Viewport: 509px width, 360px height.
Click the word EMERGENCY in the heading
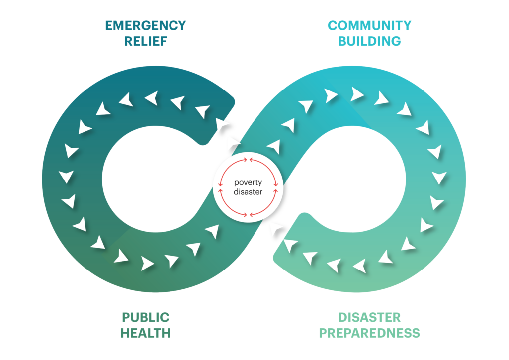tap(146, 26)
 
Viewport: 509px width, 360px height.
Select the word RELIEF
tap(146, 41)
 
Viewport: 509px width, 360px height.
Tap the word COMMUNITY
tap(369, 26)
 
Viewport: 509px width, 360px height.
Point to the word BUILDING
tap(369, 41)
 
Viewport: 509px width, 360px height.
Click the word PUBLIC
tap(146, 317)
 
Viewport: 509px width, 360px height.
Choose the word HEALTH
tap(146, 333)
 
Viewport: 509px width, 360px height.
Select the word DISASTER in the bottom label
tap(369, 317)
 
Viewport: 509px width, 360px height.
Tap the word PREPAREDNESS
tap(369, 333)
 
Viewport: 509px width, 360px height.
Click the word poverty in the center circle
tap(248, 183)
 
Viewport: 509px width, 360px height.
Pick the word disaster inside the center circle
tap(248, 192)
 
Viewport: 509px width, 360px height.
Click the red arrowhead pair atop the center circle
tap(248, 160)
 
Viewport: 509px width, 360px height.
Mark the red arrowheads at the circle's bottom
tap(248, 215)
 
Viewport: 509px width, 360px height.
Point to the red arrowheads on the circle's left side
tap(221, 187)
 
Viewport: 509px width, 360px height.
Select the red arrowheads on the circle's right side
tap(275, 187)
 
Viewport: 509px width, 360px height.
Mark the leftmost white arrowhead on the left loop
tap(66, 177)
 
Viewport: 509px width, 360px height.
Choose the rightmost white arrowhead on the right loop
tap(439, 178)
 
